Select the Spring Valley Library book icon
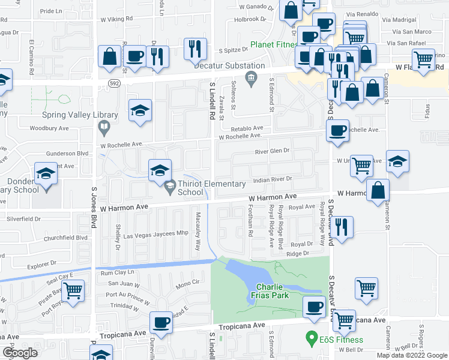104,127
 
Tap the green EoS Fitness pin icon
311,338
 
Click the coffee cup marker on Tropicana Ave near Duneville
161,322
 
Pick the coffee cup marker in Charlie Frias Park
313,307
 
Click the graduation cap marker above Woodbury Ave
140,110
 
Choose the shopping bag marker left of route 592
110,56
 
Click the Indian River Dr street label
272,179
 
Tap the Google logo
20,353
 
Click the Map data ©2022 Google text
412,355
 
